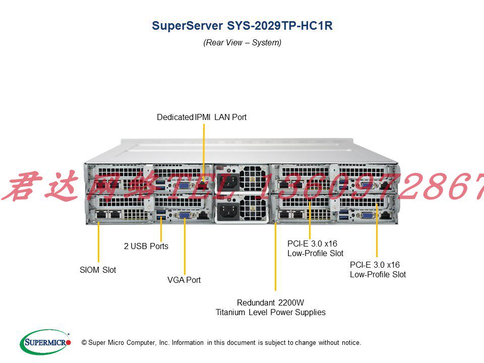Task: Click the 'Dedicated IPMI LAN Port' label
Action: (202, 117)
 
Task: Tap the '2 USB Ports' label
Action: (146, 247)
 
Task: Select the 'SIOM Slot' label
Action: (98, 270)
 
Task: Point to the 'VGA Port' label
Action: (184, 280)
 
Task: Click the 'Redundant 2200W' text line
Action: (270, 302)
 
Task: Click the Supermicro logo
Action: (45, 342)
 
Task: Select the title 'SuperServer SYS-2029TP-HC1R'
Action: (242, 26)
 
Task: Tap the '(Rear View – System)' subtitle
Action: (242, 42)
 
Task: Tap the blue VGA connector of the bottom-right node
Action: (369, 215)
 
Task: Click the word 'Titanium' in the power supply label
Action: (230, 312)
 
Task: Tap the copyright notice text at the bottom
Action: (221, 343)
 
